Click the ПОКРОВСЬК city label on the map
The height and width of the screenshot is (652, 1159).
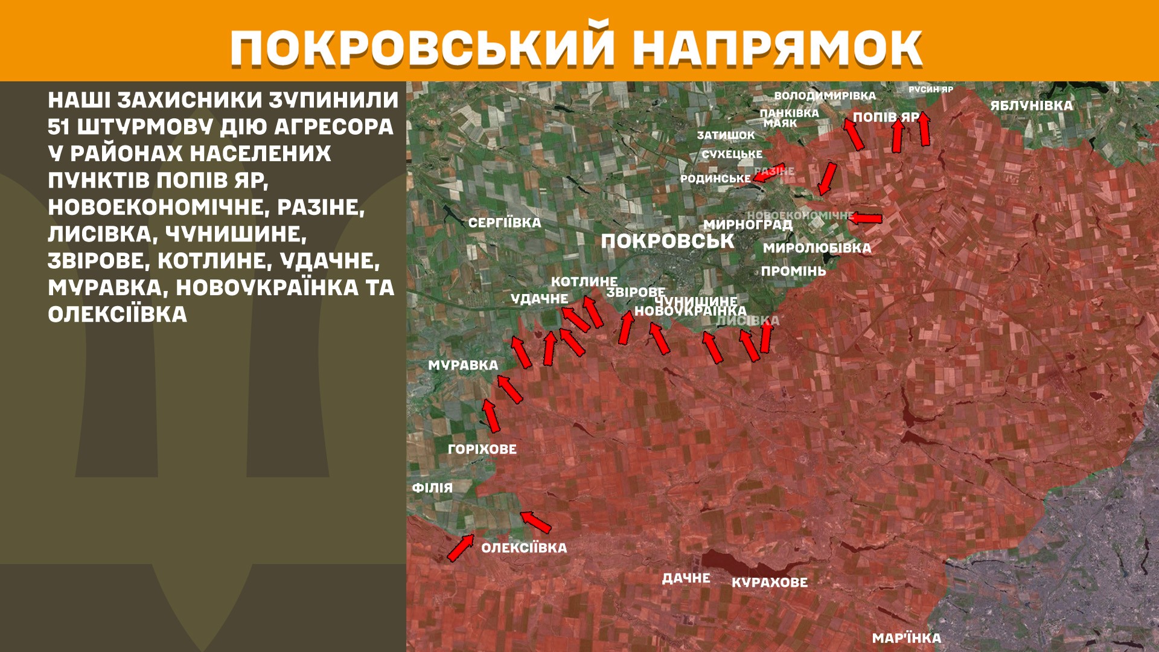(667, 241)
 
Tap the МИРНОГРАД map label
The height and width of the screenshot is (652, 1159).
(747, 225)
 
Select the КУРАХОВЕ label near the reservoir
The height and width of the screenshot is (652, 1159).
(769, 583)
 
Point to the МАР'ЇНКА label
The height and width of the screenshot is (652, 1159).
(906, 638)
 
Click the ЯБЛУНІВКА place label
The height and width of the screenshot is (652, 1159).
(1031, 106)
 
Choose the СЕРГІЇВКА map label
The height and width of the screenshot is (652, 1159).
(505, 223)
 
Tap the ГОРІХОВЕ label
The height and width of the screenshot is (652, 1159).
(482, 449)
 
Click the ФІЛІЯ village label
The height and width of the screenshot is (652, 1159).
(432, 488)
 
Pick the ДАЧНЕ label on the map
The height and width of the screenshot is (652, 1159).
(686, 578)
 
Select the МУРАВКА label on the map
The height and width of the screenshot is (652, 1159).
(463, 365)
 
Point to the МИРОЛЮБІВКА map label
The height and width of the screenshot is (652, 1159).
(817, 248)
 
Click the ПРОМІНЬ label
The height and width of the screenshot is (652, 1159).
(793, 272)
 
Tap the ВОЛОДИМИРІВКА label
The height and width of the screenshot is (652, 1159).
(825, 96)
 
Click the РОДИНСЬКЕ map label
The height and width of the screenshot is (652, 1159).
(715, 179)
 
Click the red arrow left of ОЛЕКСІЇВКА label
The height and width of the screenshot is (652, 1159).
(461, 547)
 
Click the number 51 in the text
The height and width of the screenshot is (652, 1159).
(59, 127)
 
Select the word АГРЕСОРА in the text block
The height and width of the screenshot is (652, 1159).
(333, 127)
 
